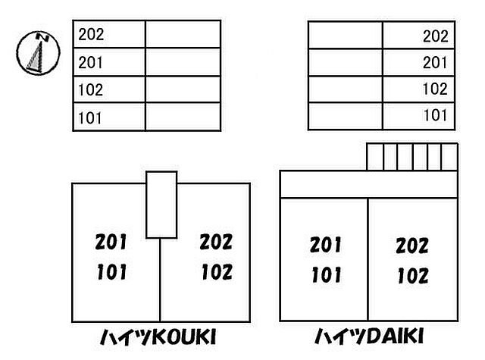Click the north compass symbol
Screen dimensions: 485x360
click(x=38, y=52)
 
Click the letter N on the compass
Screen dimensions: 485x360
click(x=43, y=37)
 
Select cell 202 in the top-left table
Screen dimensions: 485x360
click(x=109, y=34)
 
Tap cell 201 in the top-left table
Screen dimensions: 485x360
click(x=109, y=62)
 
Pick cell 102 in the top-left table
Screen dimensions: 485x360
click(x=109, y=89)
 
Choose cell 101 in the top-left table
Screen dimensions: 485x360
click(x=109, y=117)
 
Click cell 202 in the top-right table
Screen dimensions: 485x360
click(x=418, y=36)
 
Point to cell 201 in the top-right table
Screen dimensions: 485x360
click(x=418, y=62)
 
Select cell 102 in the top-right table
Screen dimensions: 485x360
click(x=418, y=89)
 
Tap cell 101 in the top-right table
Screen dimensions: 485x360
click(x=418, y=116)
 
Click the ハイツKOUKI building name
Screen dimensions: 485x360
click(x=158, y=337)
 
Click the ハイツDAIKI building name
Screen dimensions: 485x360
click(x=369, y=337)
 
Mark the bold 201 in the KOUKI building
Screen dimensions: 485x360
click(x=111, y=242)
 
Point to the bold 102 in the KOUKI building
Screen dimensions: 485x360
click(x=217, y=272)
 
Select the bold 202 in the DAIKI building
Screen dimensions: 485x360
click(x=412, y=246)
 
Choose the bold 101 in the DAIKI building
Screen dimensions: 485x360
click(x=327, y=274)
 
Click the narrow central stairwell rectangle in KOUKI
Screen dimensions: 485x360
click(x=161, y=205)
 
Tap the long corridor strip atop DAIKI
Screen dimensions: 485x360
click(x=369, y=184)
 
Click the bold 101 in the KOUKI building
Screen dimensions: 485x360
click(x=111, y=272)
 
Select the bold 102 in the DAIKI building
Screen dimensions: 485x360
click(x=413, y=276)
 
